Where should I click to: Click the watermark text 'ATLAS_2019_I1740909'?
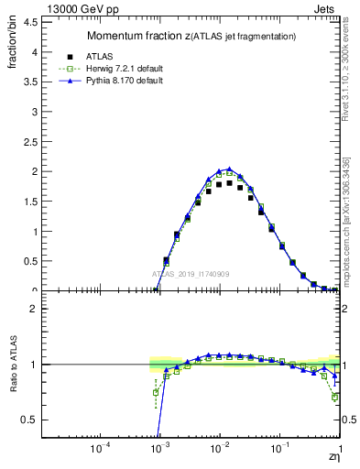pos(191,275)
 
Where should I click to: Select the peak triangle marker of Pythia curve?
pos(229,169)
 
